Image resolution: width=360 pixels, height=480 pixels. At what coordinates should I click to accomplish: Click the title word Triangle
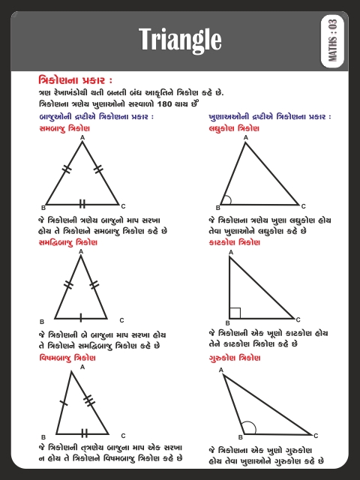pyautogui.click(x=179, y=40)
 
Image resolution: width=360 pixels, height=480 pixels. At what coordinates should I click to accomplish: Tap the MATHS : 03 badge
pyautogui.click(x=333, y=40)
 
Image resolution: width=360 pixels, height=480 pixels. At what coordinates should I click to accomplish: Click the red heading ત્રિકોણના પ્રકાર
pyautogui.click(x=75, y=79)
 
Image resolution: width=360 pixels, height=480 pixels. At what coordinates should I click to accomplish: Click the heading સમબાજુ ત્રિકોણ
pyautogui.click(x=64, y=128)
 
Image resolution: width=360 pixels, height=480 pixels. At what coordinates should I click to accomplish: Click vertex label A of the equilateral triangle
pyautogui.click(x=82, y=138)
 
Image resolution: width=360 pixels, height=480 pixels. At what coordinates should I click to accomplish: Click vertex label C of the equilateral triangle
pyautogui.click(x=123, y=205)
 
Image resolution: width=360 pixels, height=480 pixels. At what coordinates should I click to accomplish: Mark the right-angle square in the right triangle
pyautogui.click(x=235, y=312)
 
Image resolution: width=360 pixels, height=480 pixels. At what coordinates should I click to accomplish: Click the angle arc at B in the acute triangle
pyautogui.click(x=226, y=200)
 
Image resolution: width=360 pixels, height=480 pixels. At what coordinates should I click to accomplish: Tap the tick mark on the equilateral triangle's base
pyautogui.click(x=82, y=203)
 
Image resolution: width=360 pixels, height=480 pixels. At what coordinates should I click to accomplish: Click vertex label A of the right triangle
pyautogui.click(x=230, y=253)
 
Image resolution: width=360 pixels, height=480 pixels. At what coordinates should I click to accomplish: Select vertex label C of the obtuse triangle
pyautogui.click(x=316, y=435)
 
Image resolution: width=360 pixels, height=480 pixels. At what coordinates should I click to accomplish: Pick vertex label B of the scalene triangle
pyautogui.click(x=43, y=436)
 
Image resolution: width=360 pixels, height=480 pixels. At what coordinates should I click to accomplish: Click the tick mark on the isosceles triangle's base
pyautogui.click(x=82, y=316)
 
